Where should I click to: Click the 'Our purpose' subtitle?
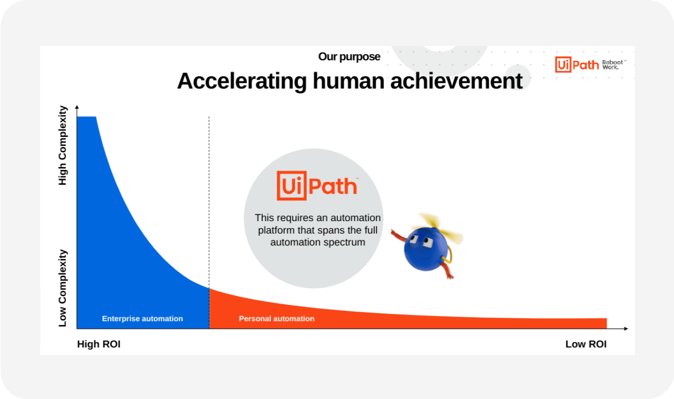[349, 57]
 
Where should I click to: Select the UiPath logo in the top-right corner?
[577, 65]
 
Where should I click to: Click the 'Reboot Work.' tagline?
[613, 65]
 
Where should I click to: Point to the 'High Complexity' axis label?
[63, 145]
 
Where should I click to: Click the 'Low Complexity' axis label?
[63, 288]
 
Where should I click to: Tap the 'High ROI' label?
[99, 344]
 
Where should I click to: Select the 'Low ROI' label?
[586, 344]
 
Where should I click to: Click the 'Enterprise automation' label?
[142, 318]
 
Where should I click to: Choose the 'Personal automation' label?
[277, 318]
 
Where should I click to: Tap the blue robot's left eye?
[414, 240]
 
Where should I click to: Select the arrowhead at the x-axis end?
[626, 329]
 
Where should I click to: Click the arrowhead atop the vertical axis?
[77, 107]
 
